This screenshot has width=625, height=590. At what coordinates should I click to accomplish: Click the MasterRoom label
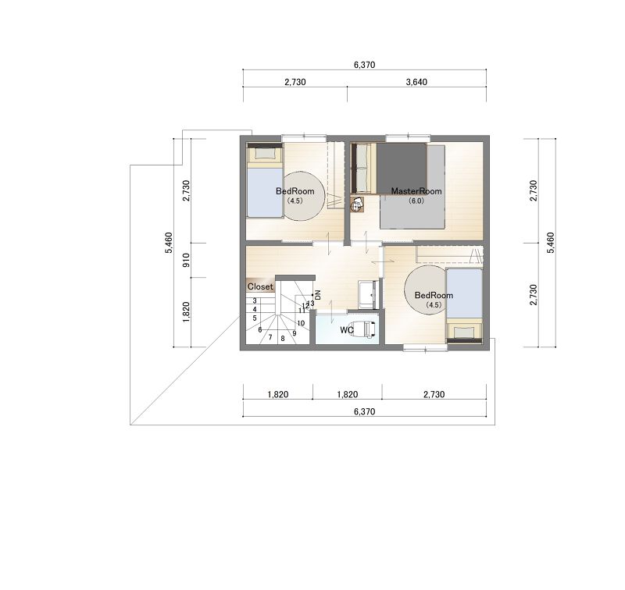coord(416,191)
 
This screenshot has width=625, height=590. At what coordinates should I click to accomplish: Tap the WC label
coord(346,330)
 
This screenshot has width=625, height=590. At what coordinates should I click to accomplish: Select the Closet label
coord(260,286)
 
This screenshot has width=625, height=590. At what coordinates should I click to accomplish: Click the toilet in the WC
coord(365,329)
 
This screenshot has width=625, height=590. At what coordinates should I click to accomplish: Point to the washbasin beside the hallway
coord(368,294)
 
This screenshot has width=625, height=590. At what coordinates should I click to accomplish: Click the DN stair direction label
coord(318,294)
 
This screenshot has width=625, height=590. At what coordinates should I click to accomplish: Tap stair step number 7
coord(270,337)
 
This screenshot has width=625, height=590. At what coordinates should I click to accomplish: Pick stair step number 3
coord(255,301)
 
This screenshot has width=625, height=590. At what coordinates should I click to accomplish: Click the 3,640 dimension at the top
coord(416,82)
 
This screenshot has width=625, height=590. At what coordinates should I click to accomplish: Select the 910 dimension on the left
coord(186,261)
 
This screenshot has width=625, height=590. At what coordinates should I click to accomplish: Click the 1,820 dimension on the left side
coord(186,312)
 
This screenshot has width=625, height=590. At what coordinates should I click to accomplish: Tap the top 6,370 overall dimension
coord(364,65)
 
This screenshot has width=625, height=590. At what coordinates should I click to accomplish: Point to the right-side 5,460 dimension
coord(551,243)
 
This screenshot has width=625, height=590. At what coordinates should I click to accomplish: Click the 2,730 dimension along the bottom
coord(434,395)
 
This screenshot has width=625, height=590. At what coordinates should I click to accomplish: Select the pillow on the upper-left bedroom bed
coord(264,154)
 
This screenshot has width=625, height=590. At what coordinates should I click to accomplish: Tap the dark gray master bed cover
coord(402,169)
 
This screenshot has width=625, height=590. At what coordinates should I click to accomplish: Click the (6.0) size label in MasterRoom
coord(416,201)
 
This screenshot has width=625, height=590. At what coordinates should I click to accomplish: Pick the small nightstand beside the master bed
coord(357,204)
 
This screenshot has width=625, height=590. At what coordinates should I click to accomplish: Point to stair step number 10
coord(301,323)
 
